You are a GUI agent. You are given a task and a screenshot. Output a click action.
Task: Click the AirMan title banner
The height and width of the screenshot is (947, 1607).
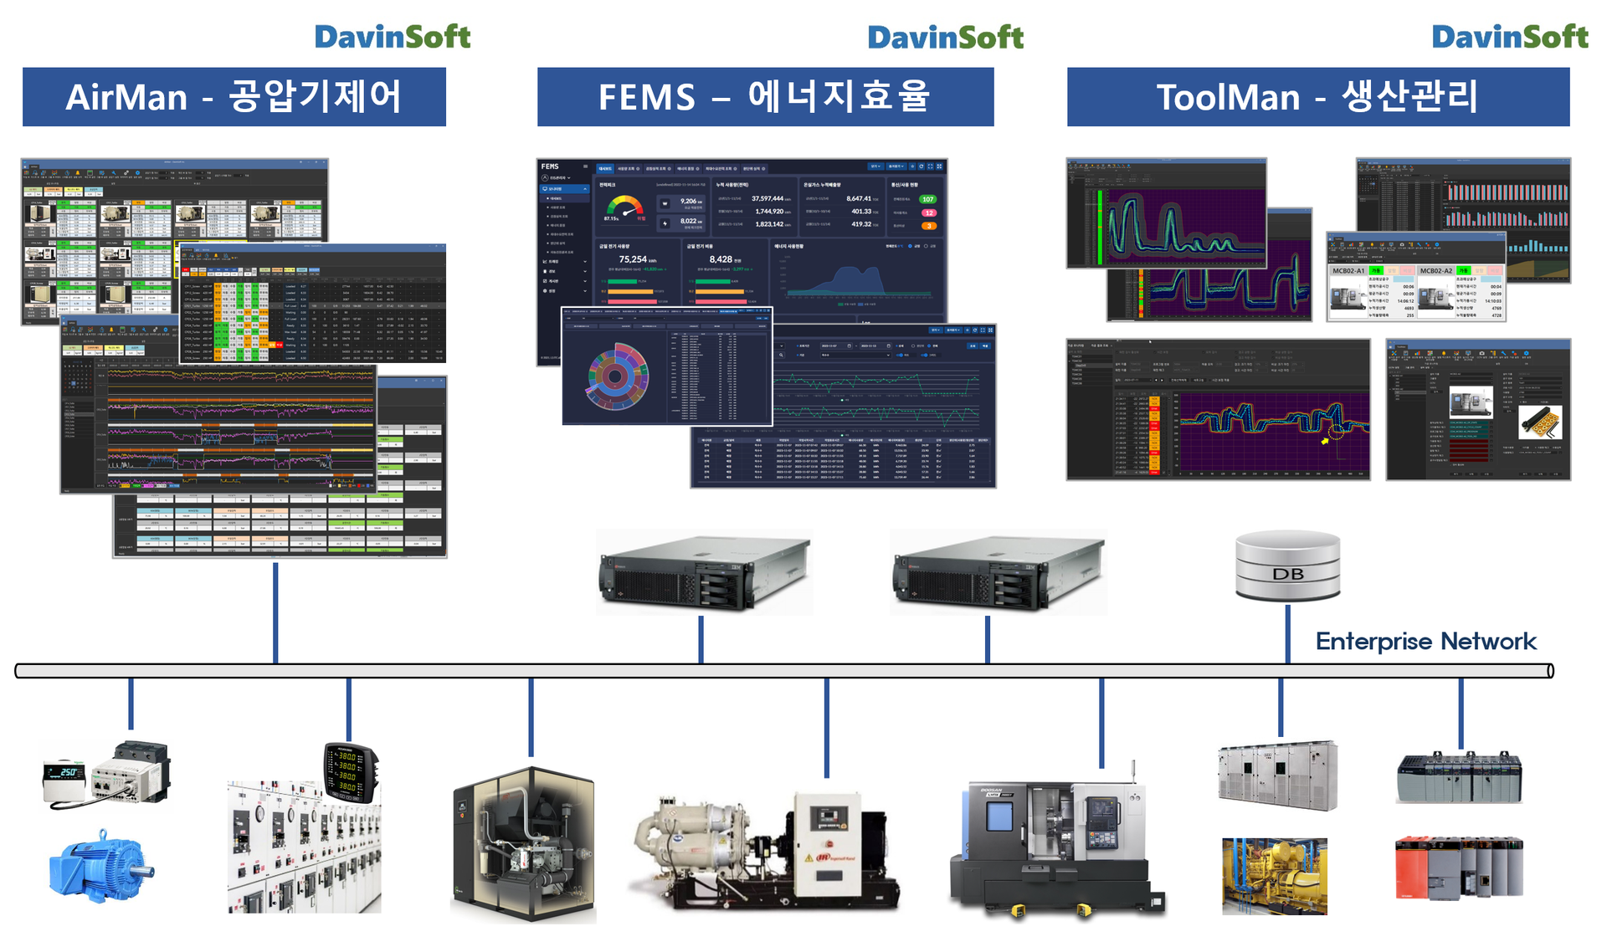[x=234, y=97]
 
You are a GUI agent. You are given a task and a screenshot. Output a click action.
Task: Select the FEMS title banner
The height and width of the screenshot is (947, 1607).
[x=765, y=97]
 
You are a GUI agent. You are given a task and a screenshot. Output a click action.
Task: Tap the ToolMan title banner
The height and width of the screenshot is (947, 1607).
[x=1317, y=97]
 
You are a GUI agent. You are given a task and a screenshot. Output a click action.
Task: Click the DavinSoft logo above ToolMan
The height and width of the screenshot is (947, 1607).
[x=1509, y=37]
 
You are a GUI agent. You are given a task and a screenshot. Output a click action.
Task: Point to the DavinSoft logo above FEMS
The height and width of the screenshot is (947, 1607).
[x=945, y=37]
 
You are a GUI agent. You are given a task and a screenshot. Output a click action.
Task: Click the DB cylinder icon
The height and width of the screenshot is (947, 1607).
[x=1287, y=566]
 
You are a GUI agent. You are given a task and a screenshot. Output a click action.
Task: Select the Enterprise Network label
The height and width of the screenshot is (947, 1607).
[x=1425, y=642]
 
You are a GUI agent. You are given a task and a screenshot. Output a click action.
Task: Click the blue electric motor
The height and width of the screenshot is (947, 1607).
[x=99, y=868]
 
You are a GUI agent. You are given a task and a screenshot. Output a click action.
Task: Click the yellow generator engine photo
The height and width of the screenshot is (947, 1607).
[x=1274, y=876]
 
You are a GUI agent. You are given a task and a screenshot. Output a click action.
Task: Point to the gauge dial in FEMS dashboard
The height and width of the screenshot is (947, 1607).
[x=624, y=208]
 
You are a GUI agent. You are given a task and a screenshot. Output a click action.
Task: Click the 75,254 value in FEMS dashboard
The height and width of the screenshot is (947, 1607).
[x=633, y=259]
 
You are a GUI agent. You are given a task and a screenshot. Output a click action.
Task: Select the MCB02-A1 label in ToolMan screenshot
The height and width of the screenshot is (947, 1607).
[x=1348, y=271]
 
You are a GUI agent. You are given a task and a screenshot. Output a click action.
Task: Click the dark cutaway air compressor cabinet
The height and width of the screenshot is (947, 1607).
[x=523, y=845]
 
